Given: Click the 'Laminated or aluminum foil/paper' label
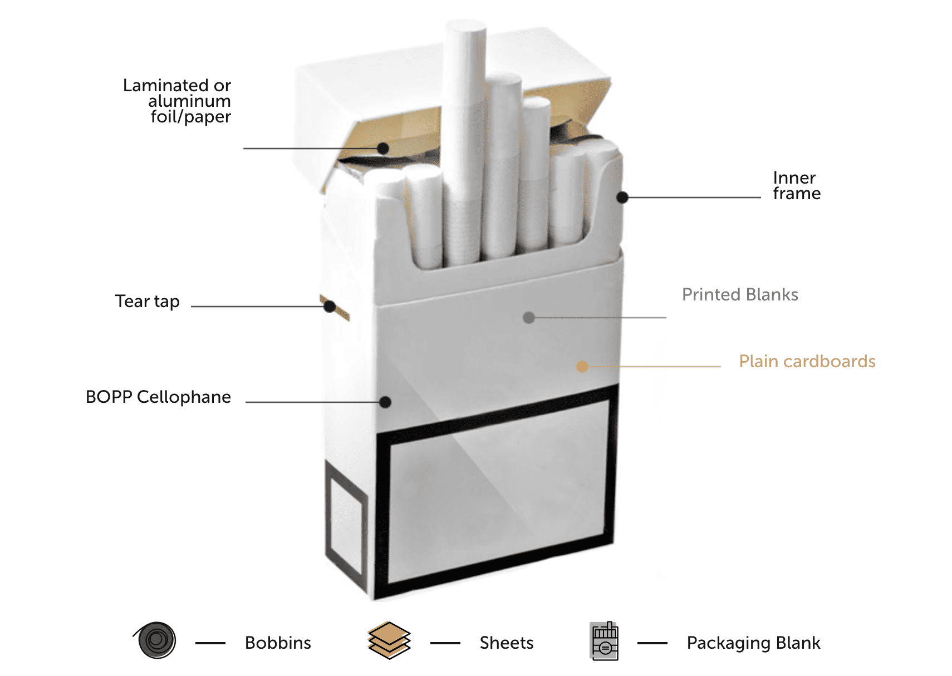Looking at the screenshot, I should (177, 101).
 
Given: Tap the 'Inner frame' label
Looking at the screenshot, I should (796, 185).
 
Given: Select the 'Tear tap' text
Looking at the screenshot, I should (147, 301).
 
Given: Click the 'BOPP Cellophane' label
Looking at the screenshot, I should (158, 397).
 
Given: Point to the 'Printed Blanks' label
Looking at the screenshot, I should (740, 294).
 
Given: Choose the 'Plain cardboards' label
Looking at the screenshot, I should (807, 361).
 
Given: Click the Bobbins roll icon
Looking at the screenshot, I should (156, 640).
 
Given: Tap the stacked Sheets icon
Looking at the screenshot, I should (389, 640).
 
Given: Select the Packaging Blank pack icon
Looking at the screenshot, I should (604, 641).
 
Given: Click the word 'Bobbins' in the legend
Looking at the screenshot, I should (278, 643).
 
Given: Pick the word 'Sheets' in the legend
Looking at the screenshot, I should (506, 643).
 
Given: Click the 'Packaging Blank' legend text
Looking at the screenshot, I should (753, 643).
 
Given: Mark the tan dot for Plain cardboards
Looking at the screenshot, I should (582, 366).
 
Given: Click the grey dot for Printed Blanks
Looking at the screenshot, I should (529, 318).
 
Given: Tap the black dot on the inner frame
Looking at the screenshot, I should (622, 198).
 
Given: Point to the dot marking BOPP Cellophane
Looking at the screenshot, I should (385, 402).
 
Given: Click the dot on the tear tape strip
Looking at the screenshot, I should (330, 307).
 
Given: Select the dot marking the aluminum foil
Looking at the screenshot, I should (383, 148).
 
